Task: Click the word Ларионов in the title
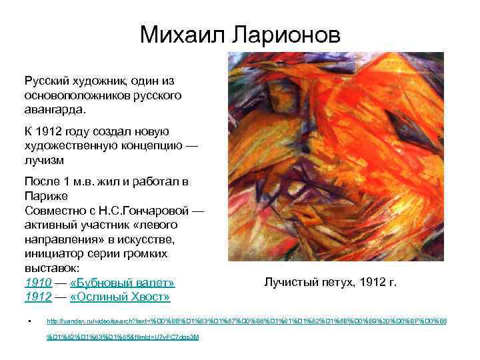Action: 285,34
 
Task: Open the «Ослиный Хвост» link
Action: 119,297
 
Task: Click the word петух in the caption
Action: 335,282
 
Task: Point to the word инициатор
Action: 55,253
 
